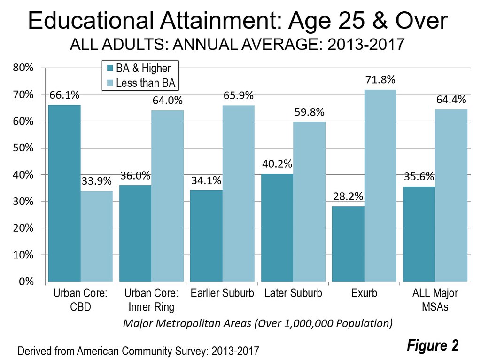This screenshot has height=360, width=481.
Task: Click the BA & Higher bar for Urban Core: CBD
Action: click(x=64, y=193)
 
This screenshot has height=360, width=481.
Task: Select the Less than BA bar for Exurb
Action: click(x=380, y=186)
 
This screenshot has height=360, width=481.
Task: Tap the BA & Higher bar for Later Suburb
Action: click(x=277, y=228)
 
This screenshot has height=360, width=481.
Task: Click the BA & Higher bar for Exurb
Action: click(x=348, y=244)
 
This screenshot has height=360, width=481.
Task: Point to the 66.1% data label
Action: click(x=64, y=96)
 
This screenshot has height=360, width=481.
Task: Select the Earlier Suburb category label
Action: click(x=222, y=293)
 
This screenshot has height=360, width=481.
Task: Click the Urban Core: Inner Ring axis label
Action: click(x=151, y=300)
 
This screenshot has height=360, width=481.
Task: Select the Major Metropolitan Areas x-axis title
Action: click(x=257, y=324)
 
